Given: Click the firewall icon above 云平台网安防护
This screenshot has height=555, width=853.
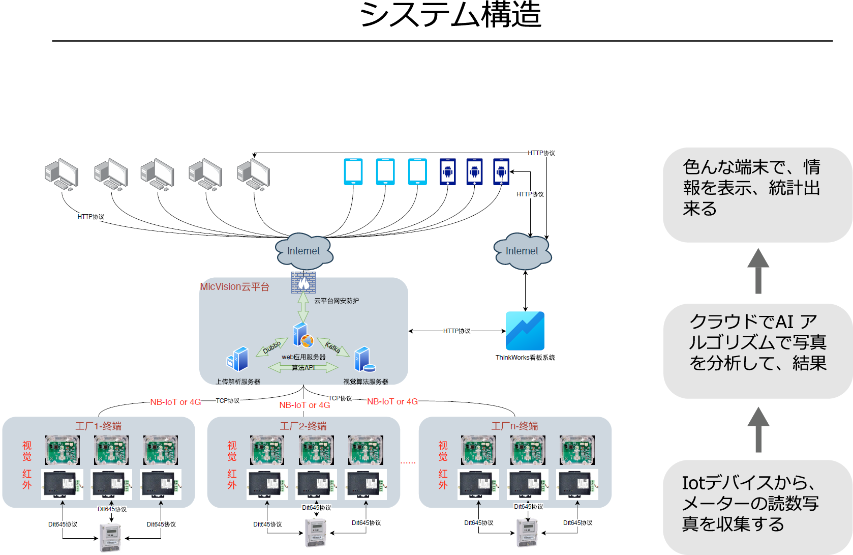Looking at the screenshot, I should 303,282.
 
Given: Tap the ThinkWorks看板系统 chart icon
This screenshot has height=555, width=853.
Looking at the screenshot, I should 525,331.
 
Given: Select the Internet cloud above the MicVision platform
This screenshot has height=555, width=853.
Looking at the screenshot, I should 304,251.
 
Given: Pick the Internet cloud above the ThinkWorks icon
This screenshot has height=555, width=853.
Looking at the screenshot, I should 523,251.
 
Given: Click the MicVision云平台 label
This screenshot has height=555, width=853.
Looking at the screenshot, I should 234,287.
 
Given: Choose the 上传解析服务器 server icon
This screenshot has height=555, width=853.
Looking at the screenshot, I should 238,359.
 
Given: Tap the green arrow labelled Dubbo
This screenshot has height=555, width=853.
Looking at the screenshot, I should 272,347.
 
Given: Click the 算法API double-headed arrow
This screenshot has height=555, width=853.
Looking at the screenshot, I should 303,367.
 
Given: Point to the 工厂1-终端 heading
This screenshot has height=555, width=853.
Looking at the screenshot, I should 99,426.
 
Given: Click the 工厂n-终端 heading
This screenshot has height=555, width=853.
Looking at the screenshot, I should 514,426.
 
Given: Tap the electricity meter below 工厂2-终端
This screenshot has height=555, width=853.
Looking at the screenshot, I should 315,533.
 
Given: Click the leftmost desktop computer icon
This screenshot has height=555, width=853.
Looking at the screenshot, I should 62,174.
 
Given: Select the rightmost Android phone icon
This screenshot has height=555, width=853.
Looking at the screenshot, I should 501,171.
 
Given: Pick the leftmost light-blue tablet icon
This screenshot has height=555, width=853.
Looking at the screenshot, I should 353,171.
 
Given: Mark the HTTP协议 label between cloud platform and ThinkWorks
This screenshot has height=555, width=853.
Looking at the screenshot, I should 456,331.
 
